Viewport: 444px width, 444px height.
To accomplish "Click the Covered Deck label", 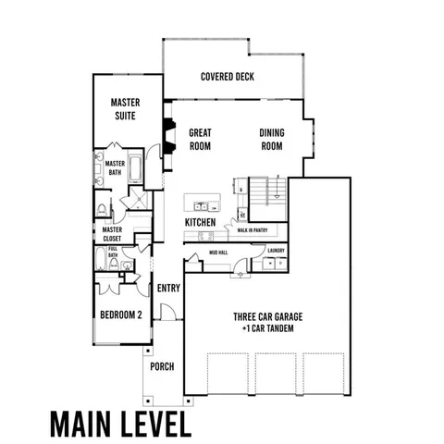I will (x=228, y=77).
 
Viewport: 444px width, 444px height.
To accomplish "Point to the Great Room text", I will (x=202, y=139).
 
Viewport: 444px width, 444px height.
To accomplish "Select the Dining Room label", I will (x=271, y=139).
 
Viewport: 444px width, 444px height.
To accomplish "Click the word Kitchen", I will (x=201, y=223).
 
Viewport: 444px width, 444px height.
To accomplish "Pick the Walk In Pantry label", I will (x=251, y=230).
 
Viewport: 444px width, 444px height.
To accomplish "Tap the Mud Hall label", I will (x=217, y=250).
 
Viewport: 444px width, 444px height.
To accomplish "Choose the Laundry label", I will (x=275, y=250).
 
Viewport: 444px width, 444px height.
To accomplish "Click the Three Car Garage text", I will (x=267, y=316).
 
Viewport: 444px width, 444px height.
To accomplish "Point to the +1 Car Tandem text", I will (x=267, y=328).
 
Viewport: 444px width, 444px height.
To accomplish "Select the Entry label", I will (x=168, y=288).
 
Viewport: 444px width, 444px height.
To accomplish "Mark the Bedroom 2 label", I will (x=120, y=314).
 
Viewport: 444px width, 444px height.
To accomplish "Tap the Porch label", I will (x=162, y=366).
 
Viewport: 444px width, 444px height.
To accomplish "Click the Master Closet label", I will (x=112, y=234).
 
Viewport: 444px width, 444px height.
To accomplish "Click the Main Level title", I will (x=120, y=422).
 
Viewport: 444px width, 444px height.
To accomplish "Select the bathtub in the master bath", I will (x=135, y=169).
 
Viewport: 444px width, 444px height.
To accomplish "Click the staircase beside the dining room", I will (x=266, y=192).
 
